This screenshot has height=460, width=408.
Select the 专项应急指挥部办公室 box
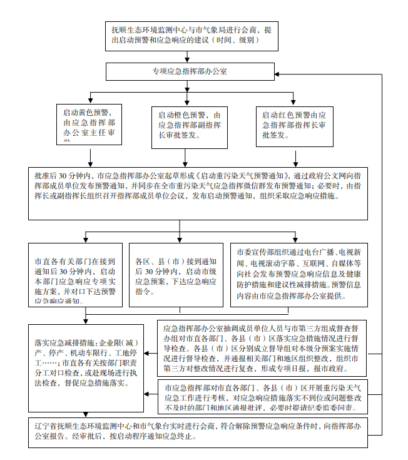click(191, 71)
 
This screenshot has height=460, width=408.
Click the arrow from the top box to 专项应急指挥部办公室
click(191, 56)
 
